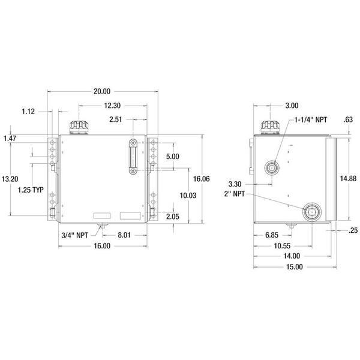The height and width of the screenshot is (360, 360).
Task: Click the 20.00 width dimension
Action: [x=102, y=91]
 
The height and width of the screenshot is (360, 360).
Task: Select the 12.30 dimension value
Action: [x=112, y=106]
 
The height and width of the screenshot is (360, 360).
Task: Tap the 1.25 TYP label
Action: [x=31, y=190]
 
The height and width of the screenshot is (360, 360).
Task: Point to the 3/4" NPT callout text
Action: [x=74, y=235]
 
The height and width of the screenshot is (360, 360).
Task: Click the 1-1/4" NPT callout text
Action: [x=311, y=119]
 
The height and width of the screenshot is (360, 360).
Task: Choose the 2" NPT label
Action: [x=235, y=194]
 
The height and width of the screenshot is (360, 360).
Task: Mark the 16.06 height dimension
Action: [x=202, y=179]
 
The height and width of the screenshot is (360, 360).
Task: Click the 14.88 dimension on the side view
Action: [x=348, y=178]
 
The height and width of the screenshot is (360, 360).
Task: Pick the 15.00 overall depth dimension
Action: [x=295, y=267]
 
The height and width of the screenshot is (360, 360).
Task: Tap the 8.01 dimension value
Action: [x=124, y=235]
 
